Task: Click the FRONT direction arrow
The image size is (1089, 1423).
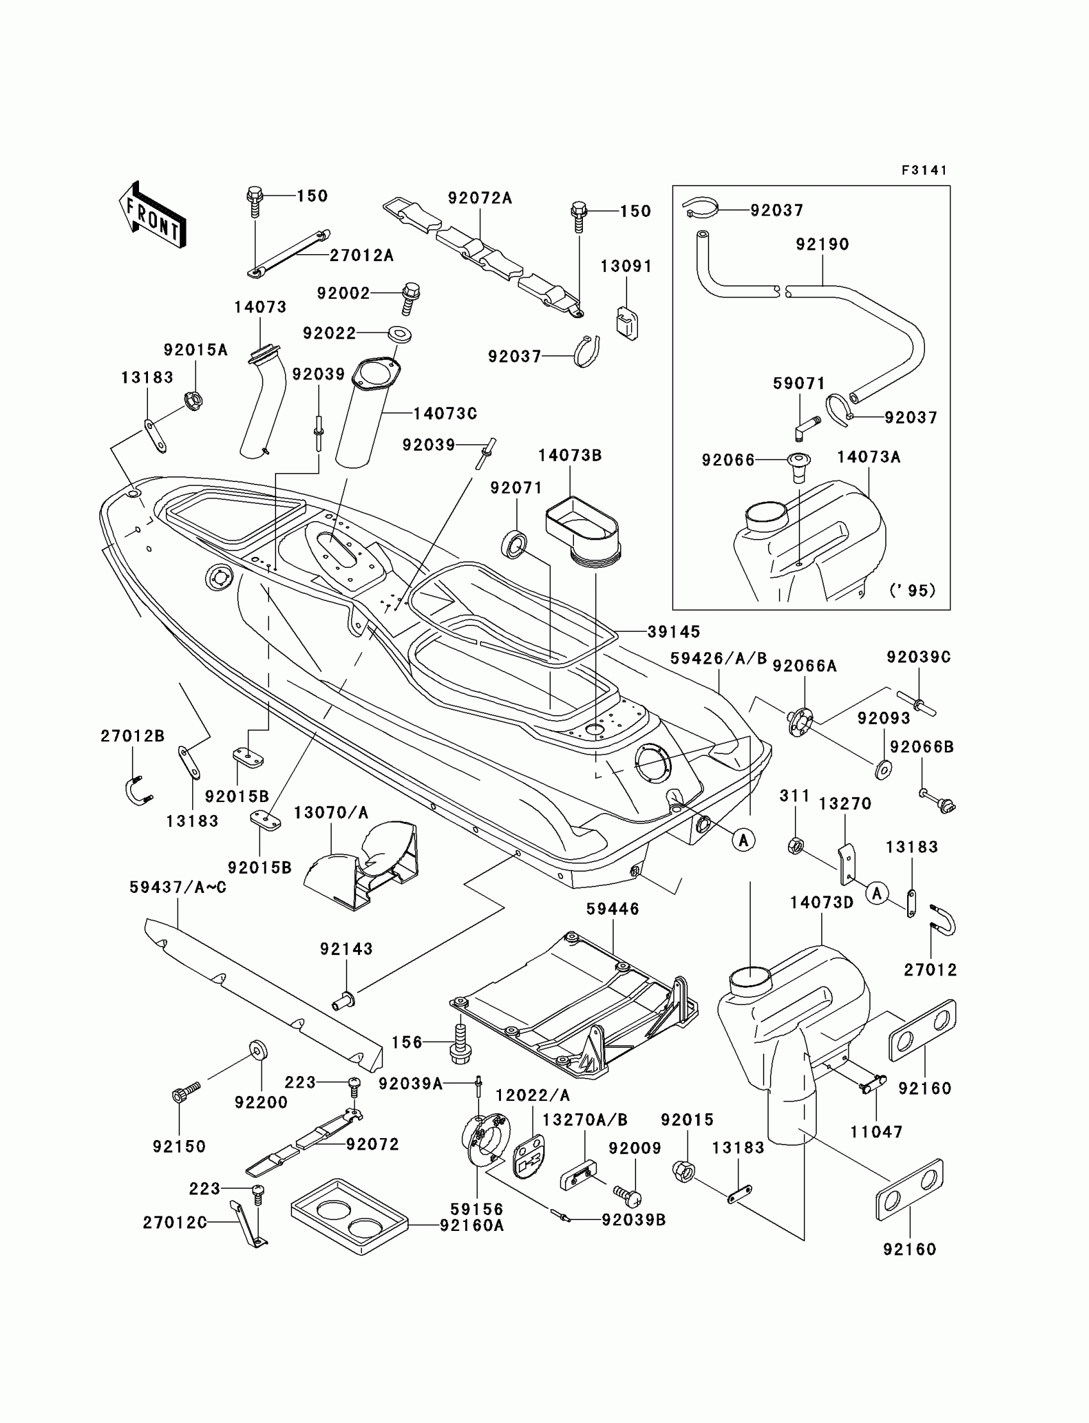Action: [x=152, y=214]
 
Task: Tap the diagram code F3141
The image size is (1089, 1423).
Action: [x=924, y=170]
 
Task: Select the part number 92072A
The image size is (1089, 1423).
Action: [x=480, y=198]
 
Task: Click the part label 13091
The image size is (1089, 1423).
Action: [x=626, y=266]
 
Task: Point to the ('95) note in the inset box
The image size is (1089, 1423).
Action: [x=913, y=590]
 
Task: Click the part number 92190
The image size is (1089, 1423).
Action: [x=823, y=244]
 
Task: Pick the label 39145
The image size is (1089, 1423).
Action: [x=674, y=631]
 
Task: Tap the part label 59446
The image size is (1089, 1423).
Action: [x=612, y=909]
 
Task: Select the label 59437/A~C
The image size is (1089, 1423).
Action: [x=177, y=887]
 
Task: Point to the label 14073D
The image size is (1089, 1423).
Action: [x=822, y=902]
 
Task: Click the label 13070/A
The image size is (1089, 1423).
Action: [x=331, y=812]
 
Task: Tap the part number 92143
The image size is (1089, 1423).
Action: [x=346, y=949]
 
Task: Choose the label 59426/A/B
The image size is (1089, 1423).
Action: [x=718, y=658]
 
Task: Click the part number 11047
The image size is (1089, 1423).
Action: [x=876, y=1132]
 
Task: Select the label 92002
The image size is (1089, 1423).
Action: [x=343, y=293]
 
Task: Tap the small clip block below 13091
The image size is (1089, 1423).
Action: [x=626, y=323]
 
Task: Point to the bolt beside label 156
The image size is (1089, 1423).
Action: [x=459, y=1043]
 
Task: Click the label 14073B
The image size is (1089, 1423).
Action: [x=569, y=455]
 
